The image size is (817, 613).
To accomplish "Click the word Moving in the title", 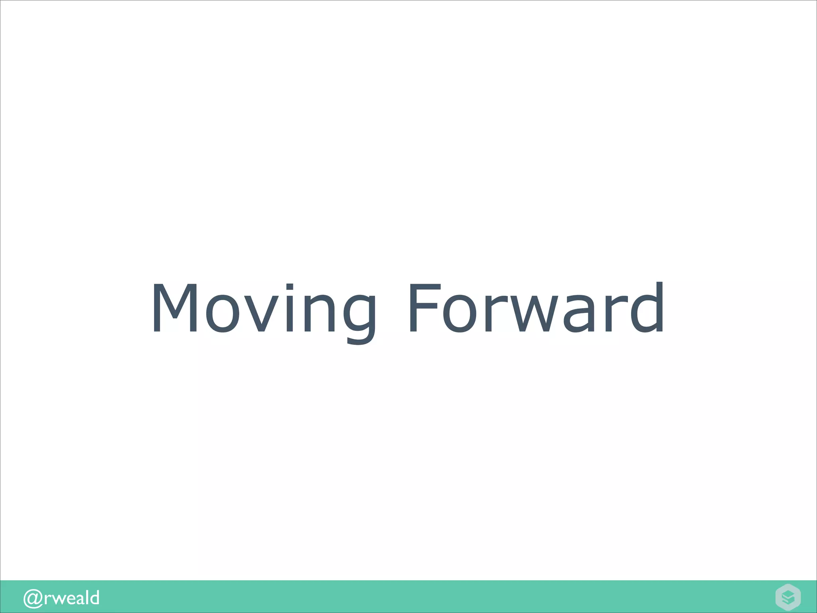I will pyautogui.click(x=263, y=308).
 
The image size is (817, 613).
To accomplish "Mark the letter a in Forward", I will pyautogui.click(x=586, y=313).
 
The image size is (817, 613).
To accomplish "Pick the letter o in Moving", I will pyautogui.click(x=223, y=313).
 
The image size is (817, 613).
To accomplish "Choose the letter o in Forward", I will pyautogui.click(x=460, y=313).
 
